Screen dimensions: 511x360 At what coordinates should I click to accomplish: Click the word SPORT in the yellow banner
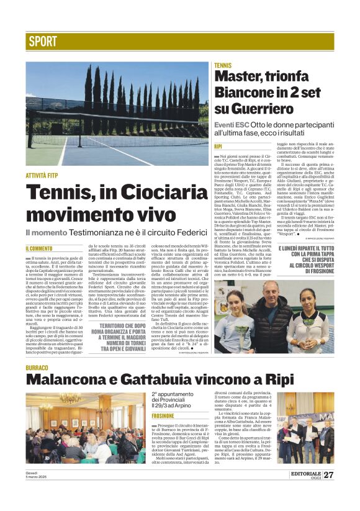[x=43, y=42]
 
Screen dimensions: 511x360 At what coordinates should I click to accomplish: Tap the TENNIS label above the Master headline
[x=223, y=65]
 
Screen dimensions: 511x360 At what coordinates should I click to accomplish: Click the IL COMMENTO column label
[x=38, y=248]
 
